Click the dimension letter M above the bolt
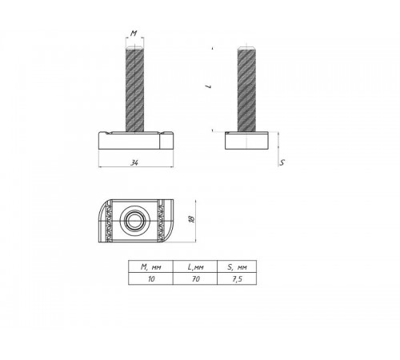(134, 34)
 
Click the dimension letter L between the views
(206, 90)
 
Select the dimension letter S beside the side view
(282, 163)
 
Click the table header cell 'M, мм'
(148, 266)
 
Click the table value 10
(148, 280)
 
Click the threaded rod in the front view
(134, 88)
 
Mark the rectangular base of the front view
(134, 141)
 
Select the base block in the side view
(247, 142)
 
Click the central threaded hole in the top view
(133, 218)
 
